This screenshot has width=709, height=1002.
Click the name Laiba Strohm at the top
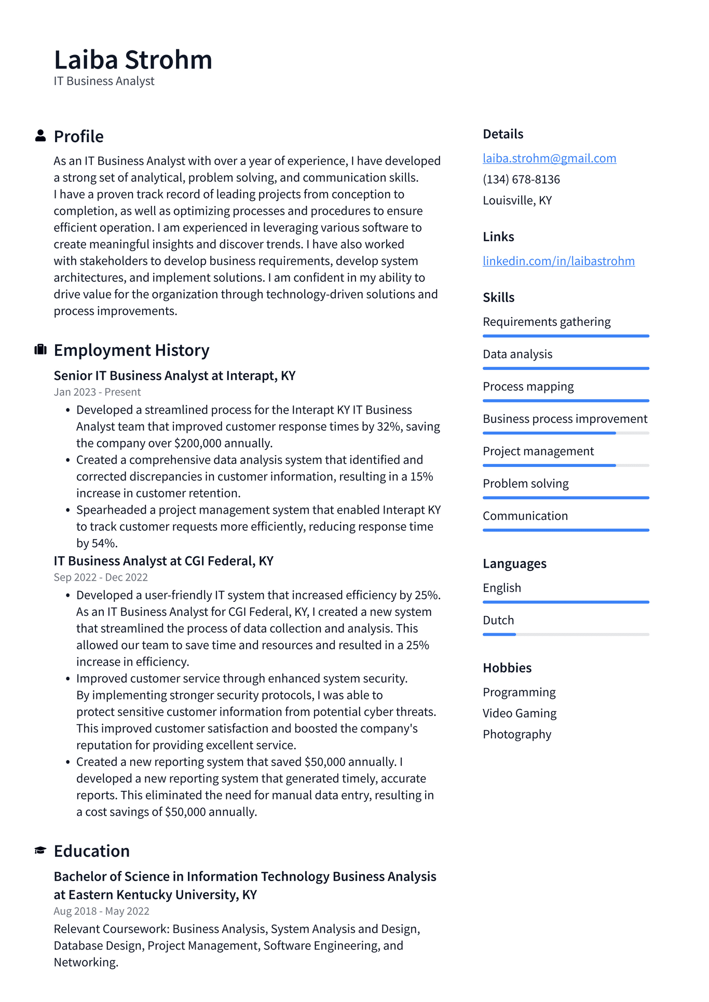pos(133,60)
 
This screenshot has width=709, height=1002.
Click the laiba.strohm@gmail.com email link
pos(549,158)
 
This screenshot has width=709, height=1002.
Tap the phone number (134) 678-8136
pos(521,180)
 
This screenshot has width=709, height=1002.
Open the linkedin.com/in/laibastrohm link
pos(558,261)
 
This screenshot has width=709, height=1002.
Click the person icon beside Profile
pos(40,136)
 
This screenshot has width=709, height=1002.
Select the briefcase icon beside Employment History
pos(40,350)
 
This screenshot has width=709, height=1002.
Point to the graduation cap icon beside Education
pos(40,850)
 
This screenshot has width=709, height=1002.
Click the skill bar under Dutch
pos(566,634)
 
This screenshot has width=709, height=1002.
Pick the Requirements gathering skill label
pos(547,322)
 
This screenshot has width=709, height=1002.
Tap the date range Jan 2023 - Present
pos(97,392)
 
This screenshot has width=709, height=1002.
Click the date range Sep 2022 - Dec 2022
pos(101,578)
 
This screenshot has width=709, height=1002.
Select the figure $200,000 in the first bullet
pos(198,444)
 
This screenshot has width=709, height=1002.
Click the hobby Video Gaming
pos(520,713)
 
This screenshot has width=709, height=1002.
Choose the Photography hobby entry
pos(517,735)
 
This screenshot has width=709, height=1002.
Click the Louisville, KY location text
pos(517,201)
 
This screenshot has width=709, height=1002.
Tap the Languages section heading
pos(514,564)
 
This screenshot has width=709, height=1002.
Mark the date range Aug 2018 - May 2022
pos(101,911)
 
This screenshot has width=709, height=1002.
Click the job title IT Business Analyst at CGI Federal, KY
pos(163,561)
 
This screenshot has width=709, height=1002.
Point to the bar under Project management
pos(566,465)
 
